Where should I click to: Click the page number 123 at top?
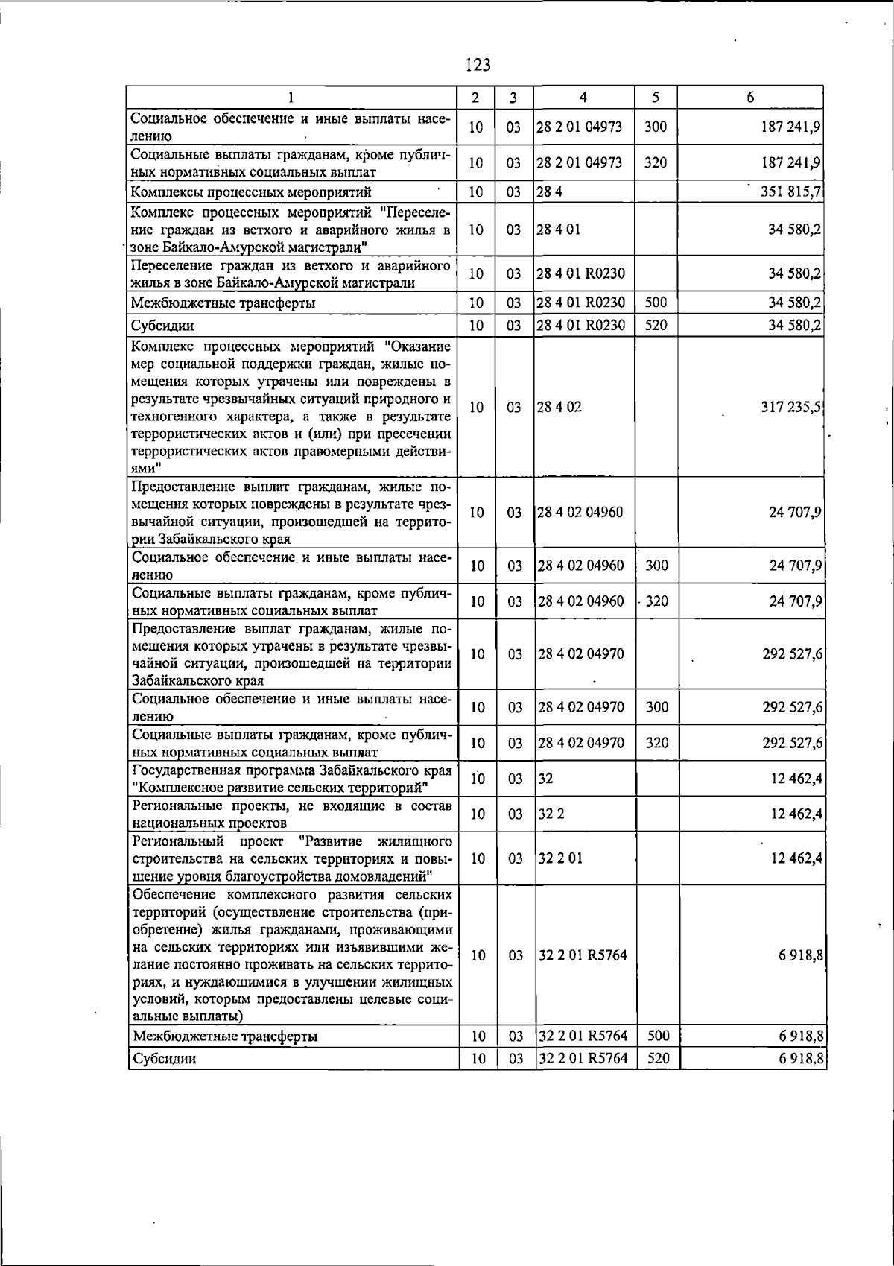(x=478, y=65)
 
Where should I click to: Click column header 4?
(x=583, y=97)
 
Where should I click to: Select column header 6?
(x=750, y=97)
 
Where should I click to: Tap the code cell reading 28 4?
(x=545, y=192)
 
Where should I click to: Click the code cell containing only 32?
(x=545, y=779)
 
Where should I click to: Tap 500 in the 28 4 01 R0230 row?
(x=656, y=302)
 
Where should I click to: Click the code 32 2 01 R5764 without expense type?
(x=583, y=955)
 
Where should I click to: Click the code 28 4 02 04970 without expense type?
(x=581, y=653)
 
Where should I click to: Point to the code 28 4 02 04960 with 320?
(x=581, y=601)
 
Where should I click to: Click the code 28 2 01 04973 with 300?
(x=580, y=127)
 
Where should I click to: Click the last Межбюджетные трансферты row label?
(x=225, y=1036)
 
